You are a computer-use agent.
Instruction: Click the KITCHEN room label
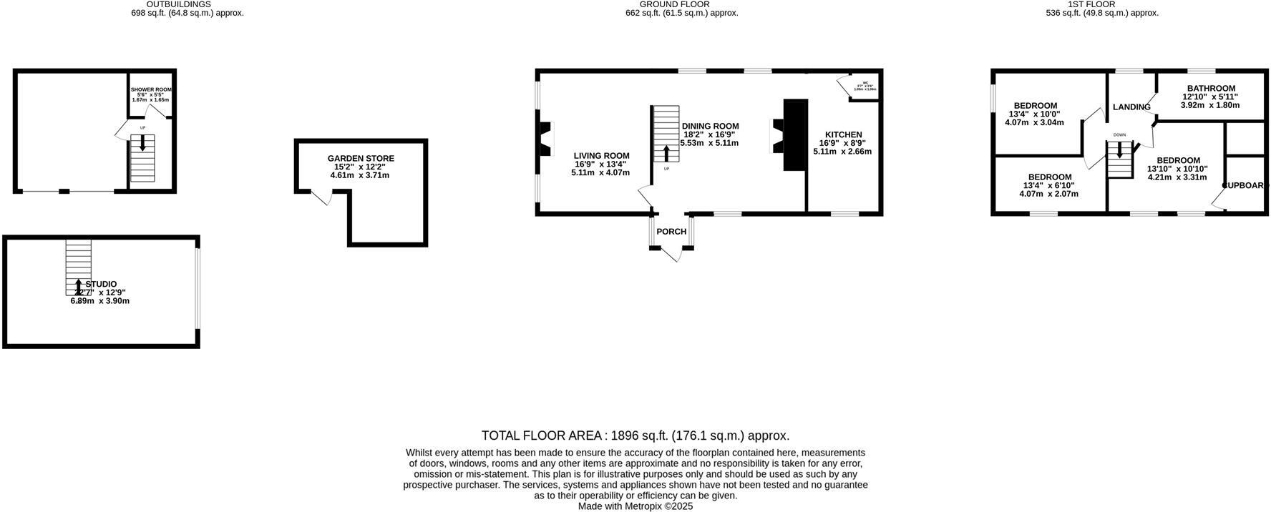[x=843, y=134]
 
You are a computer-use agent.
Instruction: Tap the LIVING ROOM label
[x=601, y=156]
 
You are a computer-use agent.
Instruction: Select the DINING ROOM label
[x=710, y=126]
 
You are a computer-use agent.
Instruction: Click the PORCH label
[x=671, y=232]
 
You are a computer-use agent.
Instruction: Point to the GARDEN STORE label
[x=361, y=158]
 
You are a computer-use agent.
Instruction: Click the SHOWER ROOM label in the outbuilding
[x=151, y=89]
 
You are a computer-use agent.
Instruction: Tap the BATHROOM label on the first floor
[x=1211, y=89]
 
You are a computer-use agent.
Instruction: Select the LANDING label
[x=1131, y=107]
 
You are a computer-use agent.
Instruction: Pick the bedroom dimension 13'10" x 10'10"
[x=1177, y=169]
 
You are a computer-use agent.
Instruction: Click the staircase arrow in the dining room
[x=667, y=153]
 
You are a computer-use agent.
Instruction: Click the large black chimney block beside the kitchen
[x=795, y=134]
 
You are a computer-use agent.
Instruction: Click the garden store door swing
[x=320, y=197]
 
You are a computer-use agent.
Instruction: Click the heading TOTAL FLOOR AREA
[x=544, y=435]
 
